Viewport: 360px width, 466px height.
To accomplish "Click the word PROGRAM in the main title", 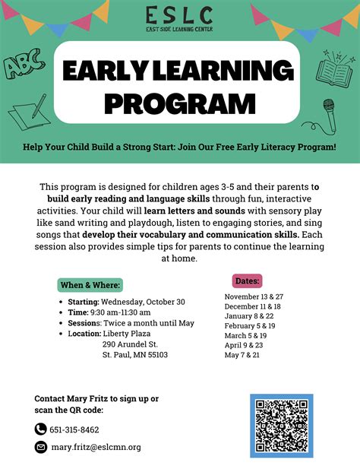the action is [179, 102].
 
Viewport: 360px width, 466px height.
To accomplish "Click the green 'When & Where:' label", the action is [90, 286].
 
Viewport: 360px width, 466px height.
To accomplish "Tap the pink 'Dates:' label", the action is [248, 280].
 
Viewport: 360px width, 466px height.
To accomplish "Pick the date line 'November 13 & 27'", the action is [255, 296].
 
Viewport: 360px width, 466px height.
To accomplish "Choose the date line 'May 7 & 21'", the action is [242, 354].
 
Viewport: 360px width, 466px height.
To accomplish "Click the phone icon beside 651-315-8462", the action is [41, 430].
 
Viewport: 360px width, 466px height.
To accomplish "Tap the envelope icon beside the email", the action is [41, 447].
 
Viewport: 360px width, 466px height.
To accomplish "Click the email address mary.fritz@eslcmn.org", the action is [96, 447].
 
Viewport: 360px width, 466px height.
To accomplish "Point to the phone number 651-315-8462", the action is [74, 430].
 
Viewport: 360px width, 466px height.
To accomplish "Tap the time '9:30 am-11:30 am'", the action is [122, 312].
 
